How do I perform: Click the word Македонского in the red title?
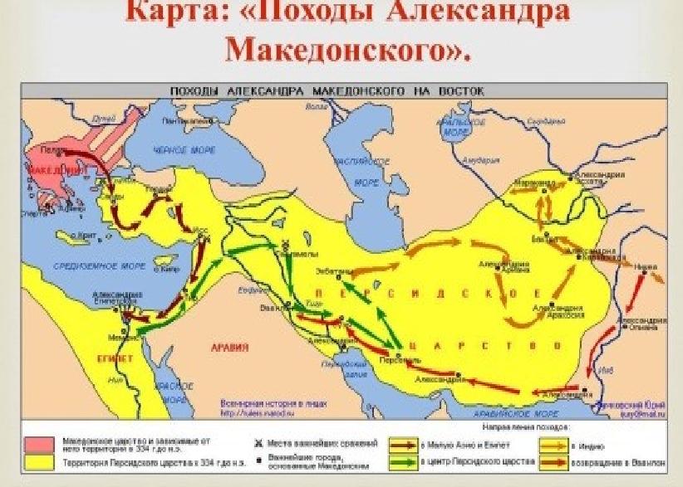pos(349,49)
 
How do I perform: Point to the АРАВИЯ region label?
pos(224,346)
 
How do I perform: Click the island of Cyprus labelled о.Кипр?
pos(166,268)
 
